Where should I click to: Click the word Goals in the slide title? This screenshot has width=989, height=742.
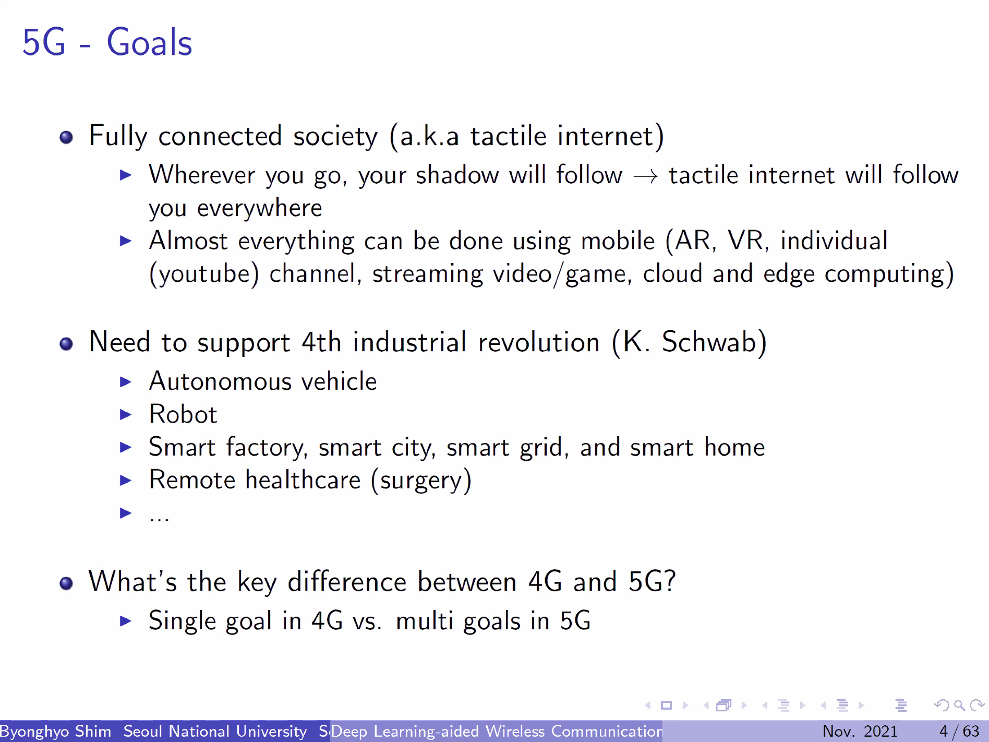coord(149,42)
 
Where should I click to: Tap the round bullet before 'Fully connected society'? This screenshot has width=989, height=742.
coord(66,137)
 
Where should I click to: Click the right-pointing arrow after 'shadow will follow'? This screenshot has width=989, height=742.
coord(645,177)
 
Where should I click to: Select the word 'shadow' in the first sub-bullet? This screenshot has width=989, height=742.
coord(457,174)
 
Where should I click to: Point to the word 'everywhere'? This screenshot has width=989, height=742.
coord(259,208)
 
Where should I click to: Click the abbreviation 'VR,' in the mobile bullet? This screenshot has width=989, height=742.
coord(748,241)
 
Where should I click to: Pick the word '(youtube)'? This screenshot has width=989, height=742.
coord(204,274)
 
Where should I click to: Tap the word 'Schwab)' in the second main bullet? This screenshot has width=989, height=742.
coord(714,342)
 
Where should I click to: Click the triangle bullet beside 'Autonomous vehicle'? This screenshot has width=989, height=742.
coord(125,382)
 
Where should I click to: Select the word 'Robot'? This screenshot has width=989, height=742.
coord(183,414)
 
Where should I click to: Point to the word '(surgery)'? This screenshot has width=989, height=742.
coord(421,481)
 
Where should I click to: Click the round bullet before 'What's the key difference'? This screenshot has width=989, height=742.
coord(66,583)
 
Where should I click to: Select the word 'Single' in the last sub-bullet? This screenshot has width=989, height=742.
coord(182,621)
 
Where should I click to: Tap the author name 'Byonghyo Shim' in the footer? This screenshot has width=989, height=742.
coord(55,732)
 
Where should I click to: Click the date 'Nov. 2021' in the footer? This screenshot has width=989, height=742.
coord(860,732)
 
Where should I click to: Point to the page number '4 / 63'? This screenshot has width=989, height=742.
coord(959,732)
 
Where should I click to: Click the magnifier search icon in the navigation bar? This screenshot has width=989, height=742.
coord(959,706)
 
